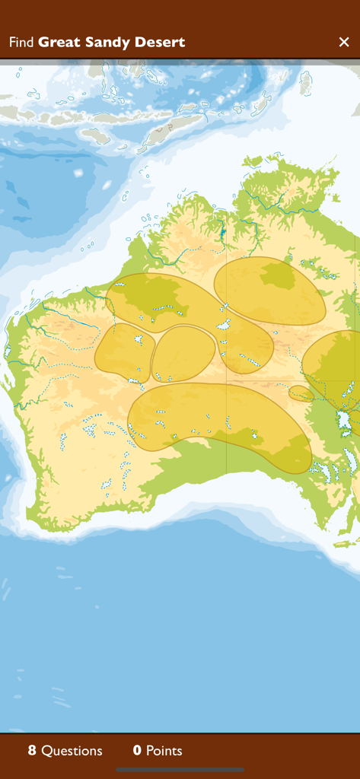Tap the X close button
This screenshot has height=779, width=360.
pyautogui.click(x=344, y=42)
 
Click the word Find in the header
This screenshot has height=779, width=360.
pyautogui.click(x=21, y=43)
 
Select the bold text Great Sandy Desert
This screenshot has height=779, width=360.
pyautogui.click(x=112, y=43)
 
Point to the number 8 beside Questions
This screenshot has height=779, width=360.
pyautogui.click(x=32, y=751)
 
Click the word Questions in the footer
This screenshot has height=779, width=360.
pyautogui.click(x=72, y=751)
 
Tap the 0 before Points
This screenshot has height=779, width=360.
pyautogui.click(x=137, y=751)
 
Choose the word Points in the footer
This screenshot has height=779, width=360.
pyautogui.click(x=164, y=751)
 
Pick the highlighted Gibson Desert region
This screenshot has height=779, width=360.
pyautogui.click(x=183, y=353)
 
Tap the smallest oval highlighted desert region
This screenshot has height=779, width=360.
pyautogui.click(x=300, y=393)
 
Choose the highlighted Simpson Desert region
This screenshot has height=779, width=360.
pyautogui.click(x=335, y=365)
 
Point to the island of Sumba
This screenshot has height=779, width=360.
pyautogui.click(x=96, y=135)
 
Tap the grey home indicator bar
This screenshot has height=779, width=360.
pyautogui.click(x=180, y=770)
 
